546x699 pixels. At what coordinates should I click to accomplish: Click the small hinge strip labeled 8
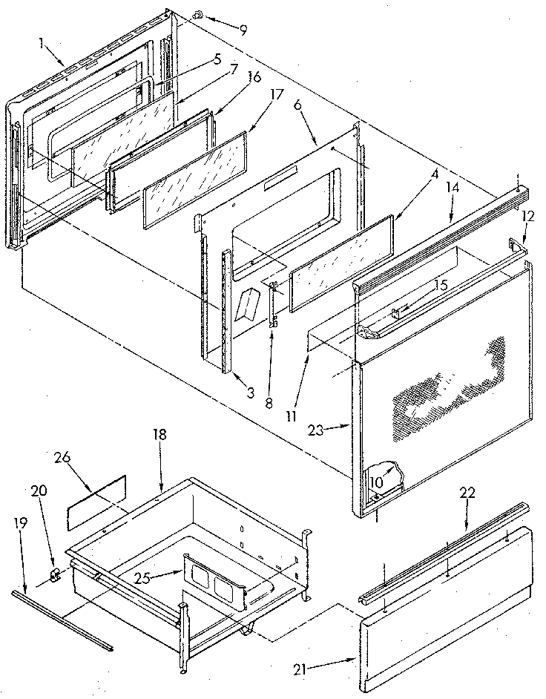273,304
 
